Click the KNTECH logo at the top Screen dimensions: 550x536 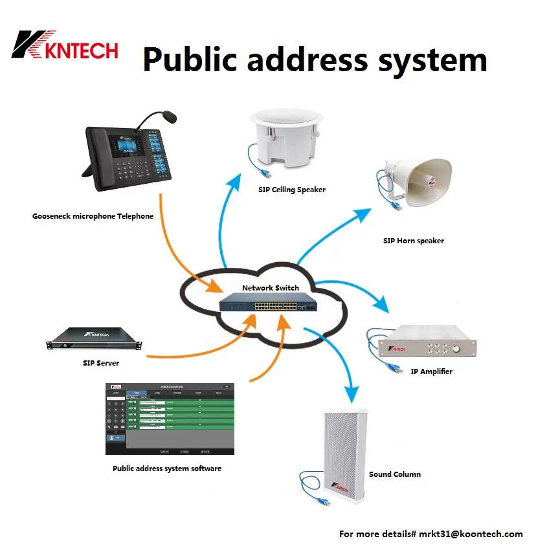tap(65, 48)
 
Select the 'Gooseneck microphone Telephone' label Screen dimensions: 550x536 tap(93, 216)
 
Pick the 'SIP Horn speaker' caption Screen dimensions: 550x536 tap(414, 241)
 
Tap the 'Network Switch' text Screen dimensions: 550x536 tap(270, 288)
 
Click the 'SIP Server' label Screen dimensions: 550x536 tap(101, 363)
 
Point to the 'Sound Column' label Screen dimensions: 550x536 tap(395, 474)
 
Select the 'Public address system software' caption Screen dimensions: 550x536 tap(167, 468)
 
